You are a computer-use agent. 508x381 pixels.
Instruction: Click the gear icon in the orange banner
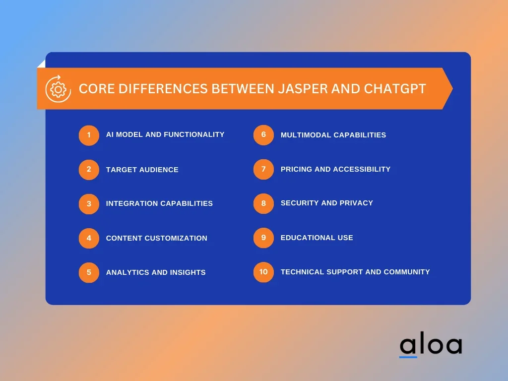tap(59, 89)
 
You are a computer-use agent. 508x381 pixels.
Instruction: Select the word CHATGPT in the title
tap(395, 89)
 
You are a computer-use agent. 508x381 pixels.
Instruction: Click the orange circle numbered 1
tap(89, 135)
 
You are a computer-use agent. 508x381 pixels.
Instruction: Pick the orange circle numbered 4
tap(89, 238)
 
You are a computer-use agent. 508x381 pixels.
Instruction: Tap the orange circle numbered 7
tap(263, 169)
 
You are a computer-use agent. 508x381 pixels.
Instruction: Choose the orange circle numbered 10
tap(263, 272)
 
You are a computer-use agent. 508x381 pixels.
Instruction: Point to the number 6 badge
tap(263, 135)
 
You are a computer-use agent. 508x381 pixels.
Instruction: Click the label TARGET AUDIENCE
tap(142, 170)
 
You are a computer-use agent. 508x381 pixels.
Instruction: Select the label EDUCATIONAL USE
tap(317, 238)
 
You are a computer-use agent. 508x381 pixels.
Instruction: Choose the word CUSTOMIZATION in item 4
tap(176, 238)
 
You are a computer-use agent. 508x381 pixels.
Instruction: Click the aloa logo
tap(431, 344)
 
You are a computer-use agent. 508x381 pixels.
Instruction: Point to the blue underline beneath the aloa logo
tap(408, 357)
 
